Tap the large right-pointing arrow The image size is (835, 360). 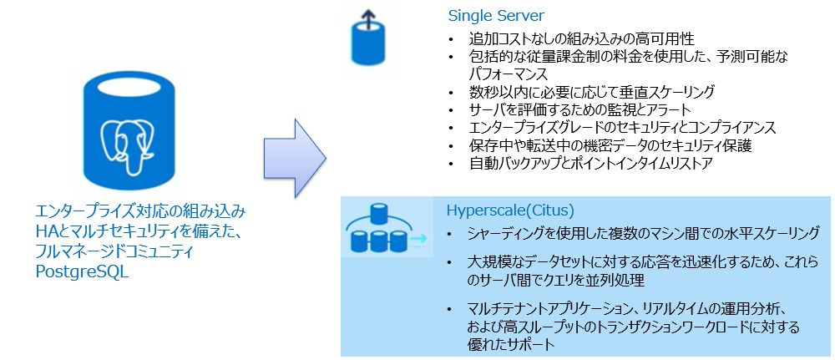295,155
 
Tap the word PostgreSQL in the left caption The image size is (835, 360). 82,271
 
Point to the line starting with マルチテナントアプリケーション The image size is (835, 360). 625,307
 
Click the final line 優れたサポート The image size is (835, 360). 512,343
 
